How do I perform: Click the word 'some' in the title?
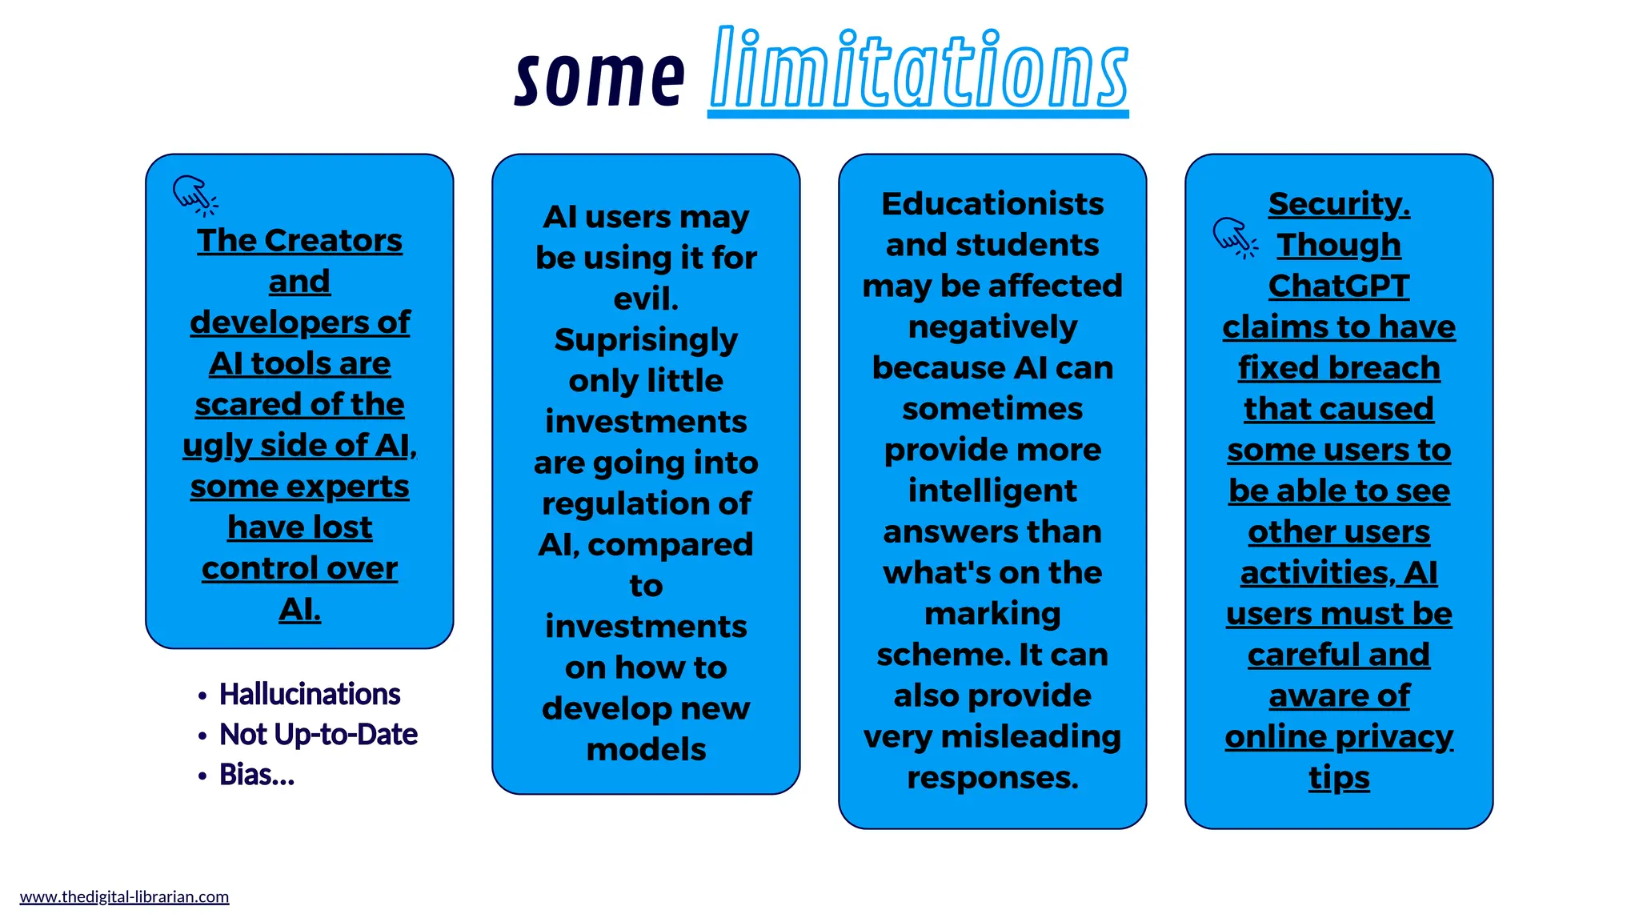coord(599,78)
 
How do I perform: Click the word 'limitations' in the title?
coord(918,70)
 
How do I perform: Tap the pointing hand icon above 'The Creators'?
coord(194,195)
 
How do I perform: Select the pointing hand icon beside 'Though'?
coord(1235,238)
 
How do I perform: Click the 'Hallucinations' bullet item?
coord(310,694)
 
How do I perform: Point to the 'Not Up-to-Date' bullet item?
coord(319,734)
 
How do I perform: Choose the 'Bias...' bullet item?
coord(257,775)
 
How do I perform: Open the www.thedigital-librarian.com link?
coord(124,896)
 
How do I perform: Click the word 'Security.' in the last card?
coord(1339,204)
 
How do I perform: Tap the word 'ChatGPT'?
coord(1339,286)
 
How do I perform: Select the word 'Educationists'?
coord(992,204)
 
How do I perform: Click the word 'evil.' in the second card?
coord(646,299)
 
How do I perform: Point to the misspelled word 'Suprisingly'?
coord(646,340)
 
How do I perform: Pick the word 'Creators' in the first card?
coord(333,240)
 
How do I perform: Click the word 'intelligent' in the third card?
coord(992,491)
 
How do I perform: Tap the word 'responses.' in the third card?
coord(992,777)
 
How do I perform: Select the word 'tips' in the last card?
coord(1339,777)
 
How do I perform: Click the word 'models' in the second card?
coord(646,750)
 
